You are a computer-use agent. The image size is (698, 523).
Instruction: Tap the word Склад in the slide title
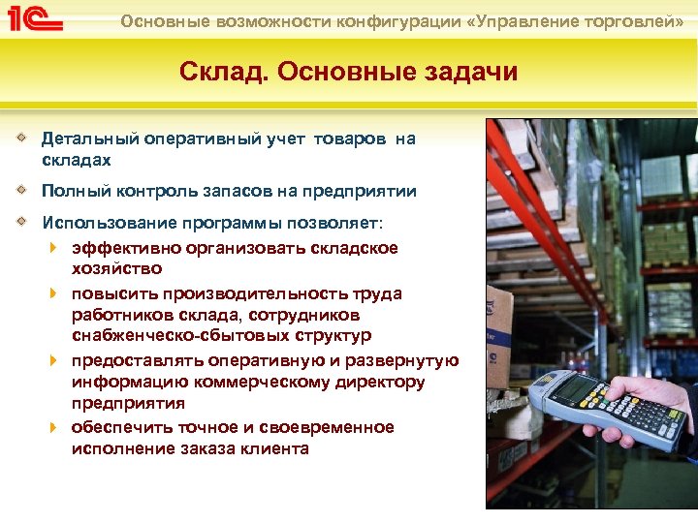point(218,72)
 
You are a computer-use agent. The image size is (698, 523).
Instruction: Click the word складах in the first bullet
point(77,160)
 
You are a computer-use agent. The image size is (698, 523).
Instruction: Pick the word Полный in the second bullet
point(71,192)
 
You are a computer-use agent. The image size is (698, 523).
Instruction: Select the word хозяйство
point(116,268)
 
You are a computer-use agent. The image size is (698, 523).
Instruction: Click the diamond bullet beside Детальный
point(22,138)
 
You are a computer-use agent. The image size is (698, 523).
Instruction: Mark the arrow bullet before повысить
point(54,292)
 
